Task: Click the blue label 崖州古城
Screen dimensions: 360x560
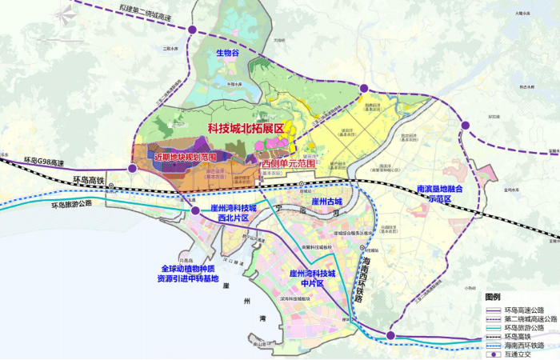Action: click(x=327, y=200)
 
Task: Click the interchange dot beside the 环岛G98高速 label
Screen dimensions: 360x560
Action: click(x=133, y=169)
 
